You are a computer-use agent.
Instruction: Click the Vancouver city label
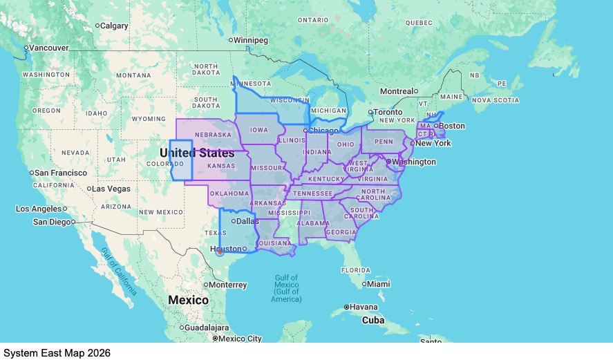point(49,48)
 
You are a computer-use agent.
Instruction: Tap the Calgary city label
point(114,26)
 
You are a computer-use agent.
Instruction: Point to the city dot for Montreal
point(416,91)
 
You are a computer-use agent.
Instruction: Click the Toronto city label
point(388,112)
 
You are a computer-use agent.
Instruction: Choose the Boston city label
point(453,126)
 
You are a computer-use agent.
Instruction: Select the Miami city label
point(379,284)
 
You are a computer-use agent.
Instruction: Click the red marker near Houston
point(220,252)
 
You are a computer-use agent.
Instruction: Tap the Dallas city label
point(247,221)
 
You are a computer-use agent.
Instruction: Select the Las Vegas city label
point(112,189)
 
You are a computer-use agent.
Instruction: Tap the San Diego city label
point(52,222)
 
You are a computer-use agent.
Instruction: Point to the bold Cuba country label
point(373,320)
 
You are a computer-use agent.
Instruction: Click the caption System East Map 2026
point(57,352)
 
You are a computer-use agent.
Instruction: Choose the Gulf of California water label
point(117,272)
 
